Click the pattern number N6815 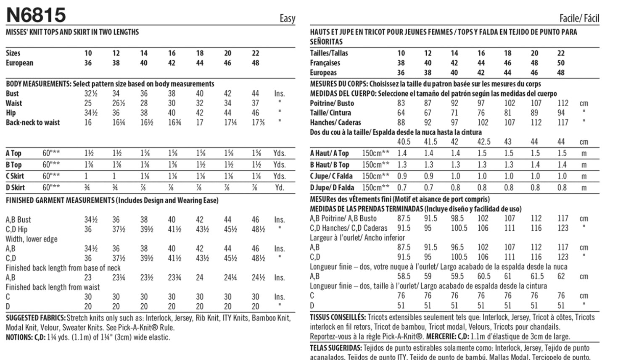pos(36,15)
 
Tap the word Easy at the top pos(288,18)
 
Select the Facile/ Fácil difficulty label pos(579,18)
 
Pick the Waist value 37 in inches pos(256,103)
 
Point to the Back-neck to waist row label pos(33,123)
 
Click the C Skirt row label pos(15,176)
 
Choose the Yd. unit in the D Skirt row pos(280,188)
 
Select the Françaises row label pos(325,63)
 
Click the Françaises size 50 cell pos(561,63)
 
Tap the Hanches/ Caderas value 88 pos(401,123)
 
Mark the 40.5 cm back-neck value pos(404,142)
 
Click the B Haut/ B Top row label pos(330,165)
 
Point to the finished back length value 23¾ pos(174,278)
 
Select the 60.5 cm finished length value pos(483,276)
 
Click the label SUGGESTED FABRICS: pos(36,318)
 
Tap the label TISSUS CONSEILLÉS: pos(338,317)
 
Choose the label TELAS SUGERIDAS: pos(336,348)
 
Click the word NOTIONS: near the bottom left pos(19,337)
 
